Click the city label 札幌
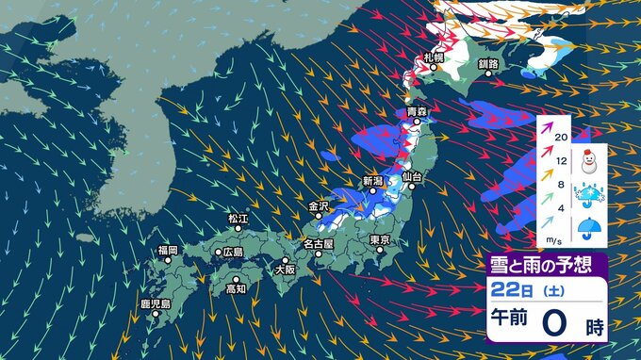(433, 58)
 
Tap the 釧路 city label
(487, 64)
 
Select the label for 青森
(417, 112)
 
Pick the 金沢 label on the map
(319, 205)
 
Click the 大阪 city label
(284, 269)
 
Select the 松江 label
(238, 219)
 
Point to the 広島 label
(231, 252)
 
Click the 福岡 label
(168, 250)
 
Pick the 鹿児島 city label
(154, 303)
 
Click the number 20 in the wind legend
(562, 138)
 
